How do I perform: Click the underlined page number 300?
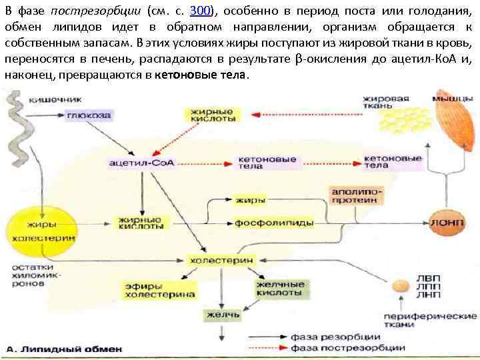(201, 11)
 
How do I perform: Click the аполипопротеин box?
(357, 195)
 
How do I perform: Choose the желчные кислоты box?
(279, 289)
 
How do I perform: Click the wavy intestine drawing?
(14, 127)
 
